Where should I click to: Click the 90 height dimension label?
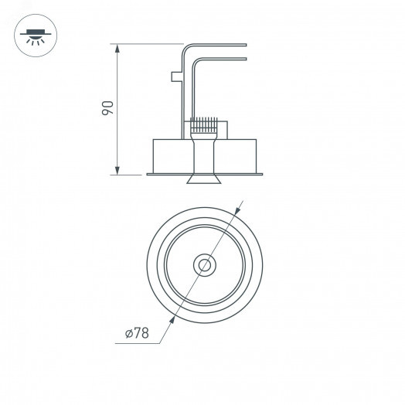coord(107,108)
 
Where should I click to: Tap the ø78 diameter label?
coord(136,334)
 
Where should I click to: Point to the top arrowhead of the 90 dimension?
coord(117,48)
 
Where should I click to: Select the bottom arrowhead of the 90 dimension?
coord(117,171)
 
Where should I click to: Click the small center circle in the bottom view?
coord(205,264)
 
